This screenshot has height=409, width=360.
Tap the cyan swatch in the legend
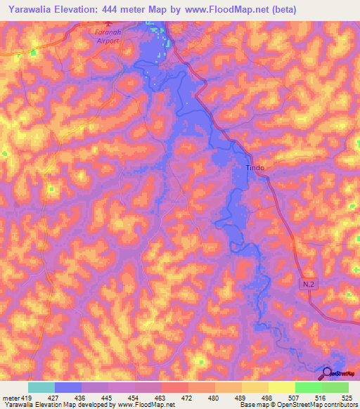(x=41, y=387)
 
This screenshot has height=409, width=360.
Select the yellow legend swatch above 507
(x=281, y=387)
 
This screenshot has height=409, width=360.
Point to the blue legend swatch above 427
(x=67, y=387)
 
